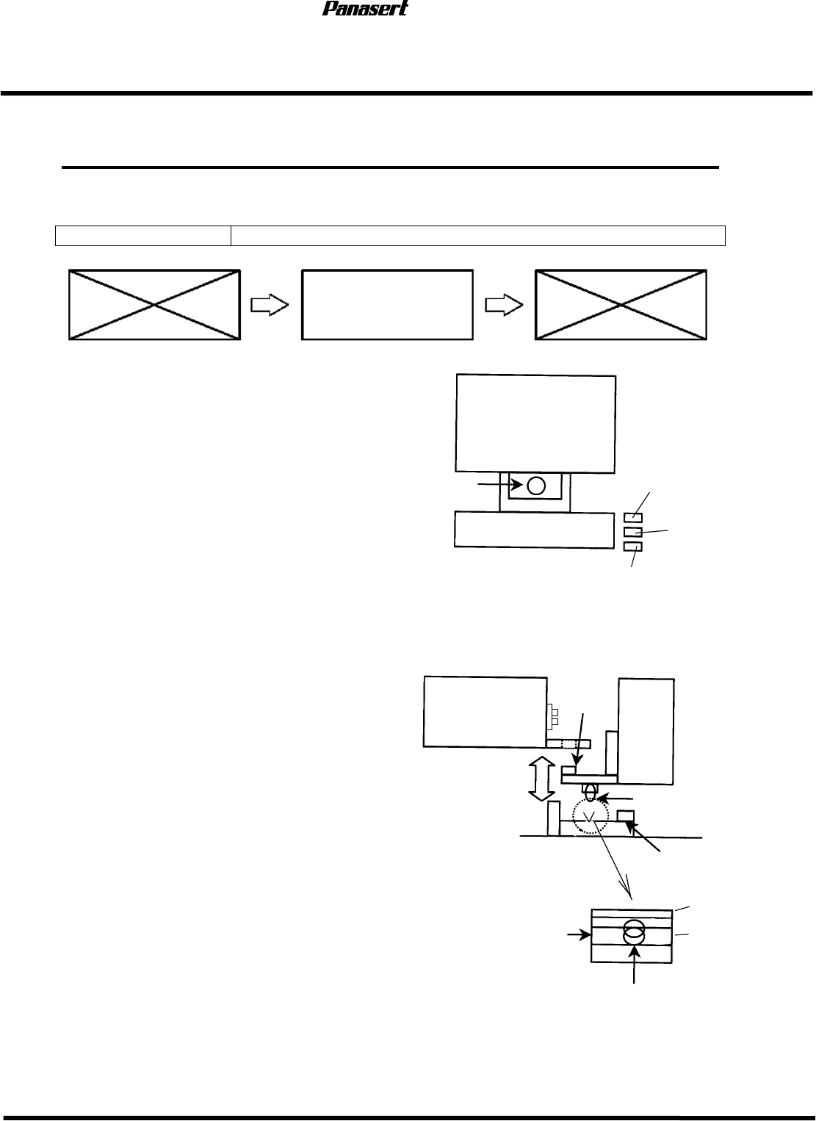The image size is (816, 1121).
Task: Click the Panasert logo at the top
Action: [365, 9]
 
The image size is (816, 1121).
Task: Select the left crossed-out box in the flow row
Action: [154, 305]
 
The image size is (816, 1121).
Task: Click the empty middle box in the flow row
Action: [387, 305]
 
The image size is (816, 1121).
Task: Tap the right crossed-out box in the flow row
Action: [621, 305]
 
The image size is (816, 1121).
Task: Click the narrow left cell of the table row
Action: [143, 236]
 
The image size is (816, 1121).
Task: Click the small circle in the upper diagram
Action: [536, 485]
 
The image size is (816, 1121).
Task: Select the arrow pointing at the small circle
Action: [501, 485]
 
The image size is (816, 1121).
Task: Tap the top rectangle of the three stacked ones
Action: [632, 518]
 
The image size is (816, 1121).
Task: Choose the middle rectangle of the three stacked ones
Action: [632, 532]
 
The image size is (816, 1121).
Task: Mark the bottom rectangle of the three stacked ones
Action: [632, 547]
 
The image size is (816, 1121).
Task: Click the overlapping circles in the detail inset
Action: [633, 932]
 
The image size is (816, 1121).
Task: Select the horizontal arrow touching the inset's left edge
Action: [578, 935]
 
